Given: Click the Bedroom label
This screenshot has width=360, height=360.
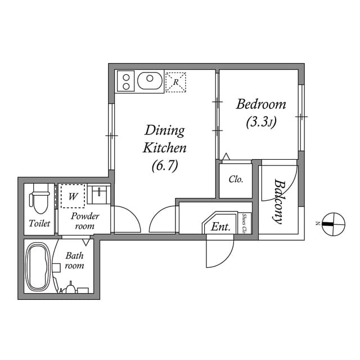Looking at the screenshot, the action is pyautogui.click(x=261, y=104).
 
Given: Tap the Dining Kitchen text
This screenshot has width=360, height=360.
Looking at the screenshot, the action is pyautogui.click(x=165, y=139).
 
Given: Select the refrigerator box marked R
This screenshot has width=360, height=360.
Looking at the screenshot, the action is pyautogui.click(x=175, y=82).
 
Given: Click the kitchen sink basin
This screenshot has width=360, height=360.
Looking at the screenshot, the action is pyautogui.click(x=150, y=81).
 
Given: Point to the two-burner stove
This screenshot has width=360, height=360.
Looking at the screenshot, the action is pyautogui.click(x=125, y=81).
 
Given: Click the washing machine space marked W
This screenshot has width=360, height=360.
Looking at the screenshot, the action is pyautogui.click(x=73, y=196).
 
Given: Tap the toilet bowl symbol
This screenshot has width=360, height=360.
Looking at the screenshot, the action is pyautogui.click(x=40, y=198).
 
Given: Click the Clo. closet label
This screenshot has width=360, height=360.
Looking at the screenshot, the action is pyautogui.click(x=236, y=179).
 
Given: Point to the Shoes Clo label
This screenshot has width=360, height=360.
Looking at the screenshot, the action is pyautogui.click(x=244, y=223).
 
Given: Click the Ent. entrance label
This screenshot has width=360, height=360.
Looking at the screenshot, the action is pyautogui.click(x=220, y=227).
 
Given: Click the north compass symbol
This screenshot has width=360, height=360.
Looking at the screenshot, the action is pyautogui.click(x=334, y=224).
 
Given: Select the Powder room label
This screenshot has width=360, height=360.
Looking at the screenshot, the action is pyautogui.click(x=85, y=221).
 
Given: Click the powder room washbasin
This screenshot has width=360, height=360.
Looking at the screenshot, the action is pyautogui.click(x=99, y=195).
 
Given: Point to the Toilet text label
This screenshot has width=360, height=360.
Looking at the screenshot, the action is pyautogui.click(x=39, y=223).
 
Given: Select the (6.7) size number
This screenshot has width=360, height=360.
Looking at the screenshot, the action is pyautogui.click(x=165, y=166).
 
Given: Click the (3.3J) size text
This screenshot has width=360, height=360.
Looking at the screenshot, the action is pyautogui.click(x=261, y=123).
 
